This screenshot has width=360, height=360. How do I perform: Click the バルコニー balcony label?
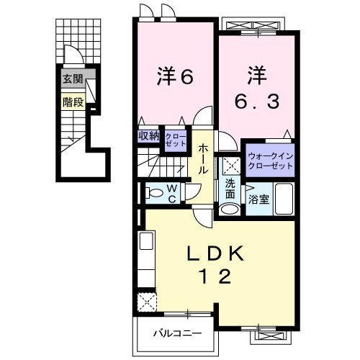point(176,333)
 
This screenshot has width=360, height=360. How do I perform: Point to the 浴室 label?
point(259,199)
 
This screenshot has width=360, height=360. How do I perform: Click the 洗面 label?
point(230,189)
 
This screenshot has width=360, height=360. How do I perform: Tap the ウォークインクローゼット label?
point(270,160)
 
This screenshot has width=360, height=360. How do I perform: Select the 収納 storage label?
point(149,135)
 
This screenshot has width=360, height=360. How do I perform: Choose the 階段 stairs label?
point(73,102)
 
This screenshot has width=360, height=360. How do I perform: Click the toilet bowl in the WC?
point(153,192)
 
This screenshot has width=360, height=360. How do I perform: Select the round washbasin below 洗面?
point(229,210)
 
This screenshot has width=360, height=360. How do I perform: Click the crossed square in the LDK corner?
point(147,300)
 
